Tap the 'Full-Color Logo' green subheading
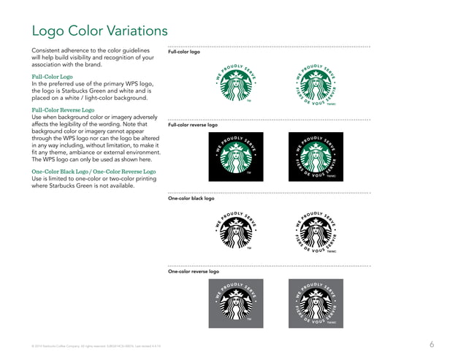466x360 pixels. click(52, 76)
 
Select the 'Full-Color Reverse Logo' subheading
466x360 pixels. click(63, 110)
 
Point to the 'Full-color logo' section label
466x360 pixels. click(183, 53)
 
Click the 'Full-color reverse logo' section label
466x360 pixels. click(193, 125)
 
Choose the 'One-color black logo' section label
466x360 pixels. click(191, 198)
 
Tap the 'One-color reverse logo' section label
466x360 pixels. click(194, 271)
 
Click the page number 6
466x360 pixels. click(432, 344)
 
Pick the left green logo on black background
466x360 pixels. click(236, 156)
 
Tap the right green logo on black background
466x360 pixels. click(316, 156)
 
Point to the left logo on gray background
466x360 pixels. click(236, 302)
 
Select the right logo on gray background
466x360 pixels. click(316, 302)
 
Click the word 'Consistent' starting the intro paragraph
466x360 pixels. click(46, 50)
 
